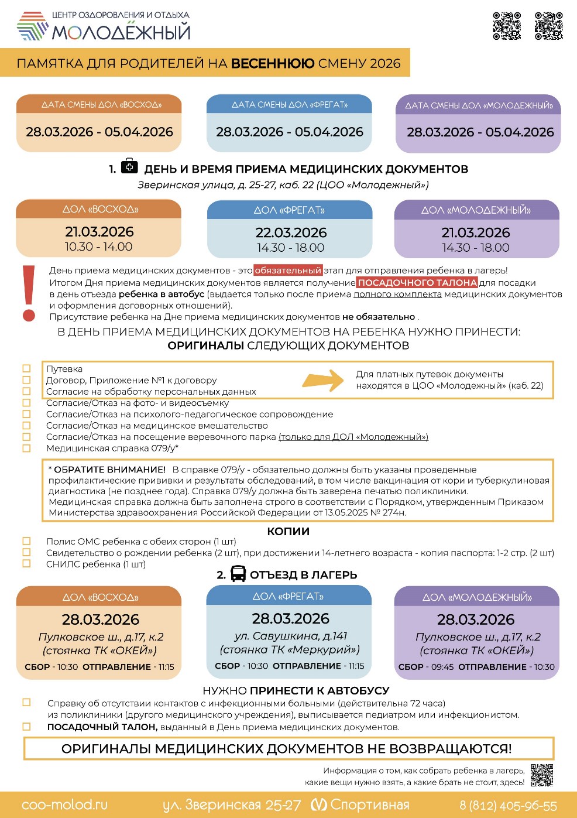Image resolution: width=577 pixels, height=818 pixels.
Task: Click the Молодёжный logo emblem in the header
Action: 32,26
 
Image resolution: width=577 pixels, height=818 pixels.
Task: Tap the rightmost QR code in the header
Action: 548,26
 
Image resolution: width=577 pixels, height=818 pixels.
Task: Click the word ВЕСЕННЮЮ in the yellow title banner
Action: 273,63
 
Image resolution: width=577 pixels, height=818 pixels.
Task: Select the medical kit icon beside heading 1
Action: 129,167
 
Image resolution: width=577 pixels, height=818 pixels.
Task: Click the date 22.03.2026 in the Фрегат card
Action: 291,232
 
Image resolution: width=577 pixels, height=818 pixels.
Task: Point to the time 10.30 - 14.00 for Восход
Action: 98,247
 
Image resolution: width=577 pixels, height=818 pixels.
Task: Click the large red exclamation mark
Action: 29,293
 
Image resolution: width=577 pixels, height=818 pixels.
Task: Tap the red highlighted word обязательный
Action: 288,271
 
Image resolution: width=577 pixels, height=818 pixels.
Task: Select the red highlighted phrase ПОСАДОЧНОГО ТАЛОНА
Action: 417,282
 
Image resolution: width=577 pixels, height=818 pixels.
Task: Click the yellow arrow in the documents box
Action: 323,380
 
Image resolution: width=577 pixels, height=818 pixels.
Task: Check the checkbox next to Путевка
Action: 26,369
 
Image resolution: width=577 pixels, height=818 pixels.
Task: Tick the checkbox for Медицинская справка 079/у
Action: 26,449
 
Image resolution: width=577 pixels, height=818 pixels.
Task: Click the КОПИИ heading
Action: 288,531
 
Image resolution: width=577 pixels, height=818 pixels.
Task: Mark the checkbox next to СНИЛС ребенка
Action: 26,564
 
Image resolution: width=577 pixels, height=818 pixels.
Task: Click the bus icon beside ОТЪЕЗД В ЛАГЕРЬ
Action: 238,574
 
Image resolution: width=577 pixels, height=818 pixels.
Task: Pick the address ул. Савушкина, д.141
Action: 290,636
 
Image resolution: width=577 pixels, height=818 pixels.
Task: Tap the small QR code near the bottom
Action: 542,775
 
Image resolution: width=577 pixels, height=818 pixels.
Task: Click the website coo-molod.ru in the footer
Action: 64,805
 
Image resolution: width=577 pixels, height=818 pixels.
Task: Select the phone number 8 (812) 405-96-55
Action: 508,806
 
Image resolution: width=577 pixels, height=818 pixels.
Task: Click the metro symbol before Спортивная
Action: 318,805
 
